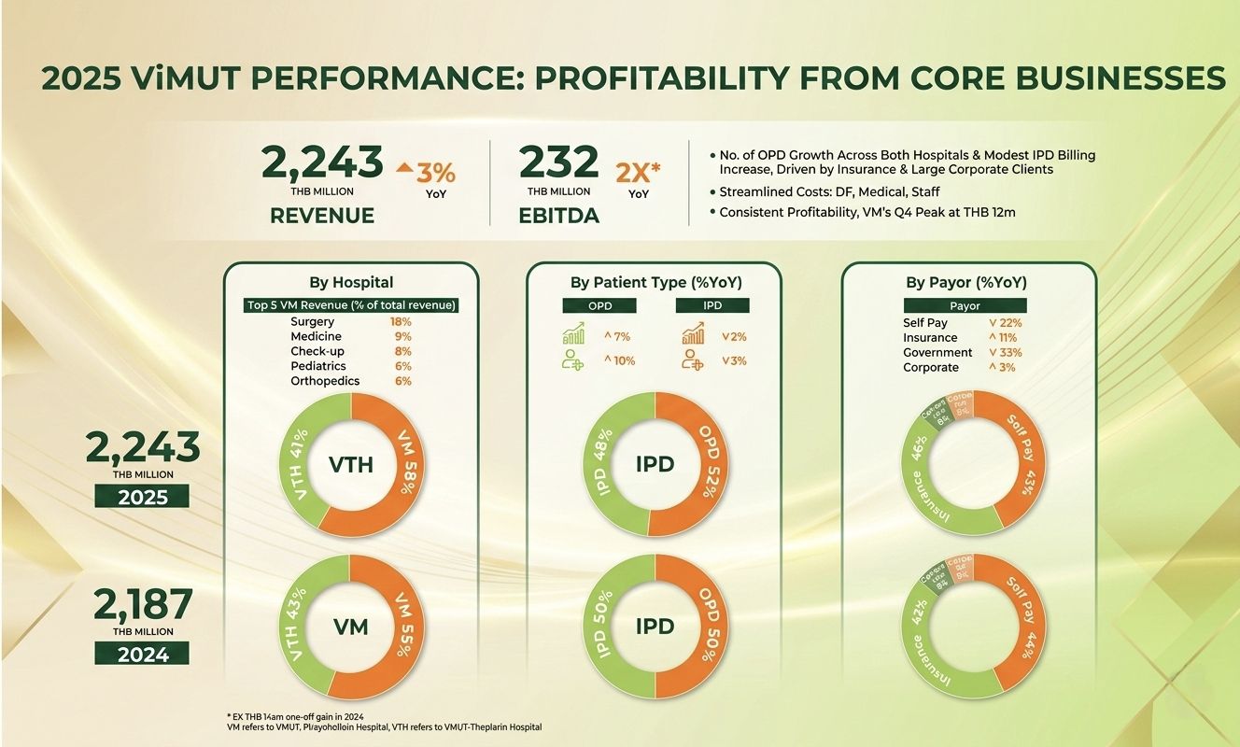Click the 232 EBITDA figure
pyautogui.click(x=558, y=163)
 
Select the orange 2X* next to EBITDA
pyautogui.click(x=639, y=172)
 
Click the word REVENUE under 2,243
pyautogui.click(x=322, y=216)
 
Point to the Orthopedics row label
pyautogui.click(x=325, y=381)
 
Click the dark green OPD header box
pyautogui.click(x=599, y=305)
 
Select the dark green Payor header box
pyautogui.click(x=965, y=305)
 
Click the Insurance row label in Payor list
pyautogui.click(x=930, y=337)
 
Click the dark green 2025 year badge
pyautogui.click(x=143, y=497)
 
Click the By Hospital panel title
pyautogui.click(x=350, y=282)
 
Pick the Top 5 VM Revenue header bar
pyautogui.click(x=350, y=305)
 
